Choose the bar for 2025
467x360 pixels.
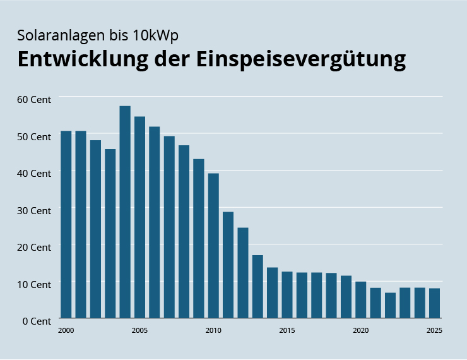point(435,303)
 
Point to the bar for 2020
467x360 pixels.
point(361,299)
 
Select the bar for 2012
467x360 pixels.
point(243,272)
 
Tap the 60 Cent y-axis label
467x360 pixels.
point(33,99)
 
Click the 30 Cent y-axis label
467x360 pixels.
point(33,210)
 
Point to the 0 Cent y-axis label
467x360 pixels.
point(36,321)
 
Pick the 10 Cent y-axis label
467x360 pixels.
point(33,284)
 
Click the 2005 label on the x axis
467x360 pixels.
point(139,330)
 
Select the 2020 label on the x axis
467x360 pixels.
point(361,330)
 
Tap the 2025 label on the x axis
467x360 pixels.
point(435,330)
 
